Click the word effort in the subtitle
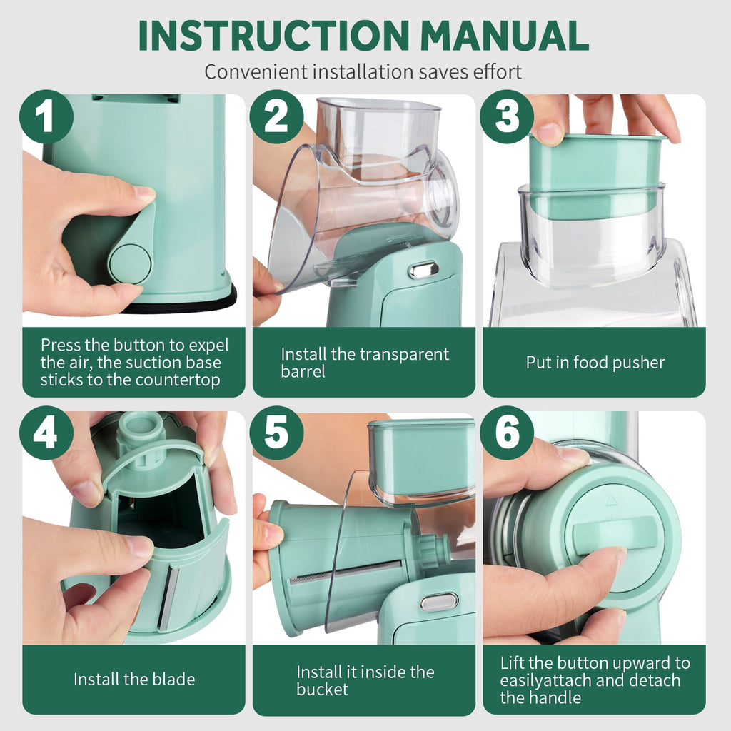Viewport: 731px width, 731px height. [x=498, y=72]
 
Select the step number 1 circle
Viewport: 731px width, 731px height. [x=46, y=116]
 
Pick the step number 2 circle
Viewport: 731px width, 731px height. [x=276, y=116]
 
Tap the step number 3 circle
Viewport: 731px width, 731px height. [x=507, y=116]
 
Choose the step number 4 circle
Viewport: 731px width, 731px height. [x=46, y=433]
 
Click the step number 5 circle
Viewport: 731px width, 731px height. [x=276, y=433]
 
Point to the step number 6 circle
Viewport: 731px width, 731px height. [x=507, y=433]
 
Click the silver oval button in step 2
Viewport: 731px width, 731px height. [x=423, y=271]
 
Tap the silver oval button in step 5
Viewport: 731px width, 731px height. [x=439, y=601]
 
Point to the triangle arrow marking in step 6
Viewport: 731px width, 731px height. [x=611, y=501]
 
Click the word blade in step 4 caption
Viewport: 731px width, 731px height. [x=172, y=680]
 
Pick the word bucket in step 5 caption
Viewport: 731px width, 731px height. [x=322, y=690]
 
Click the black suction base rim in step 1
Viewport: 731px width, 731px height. [x=182, y=303]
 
